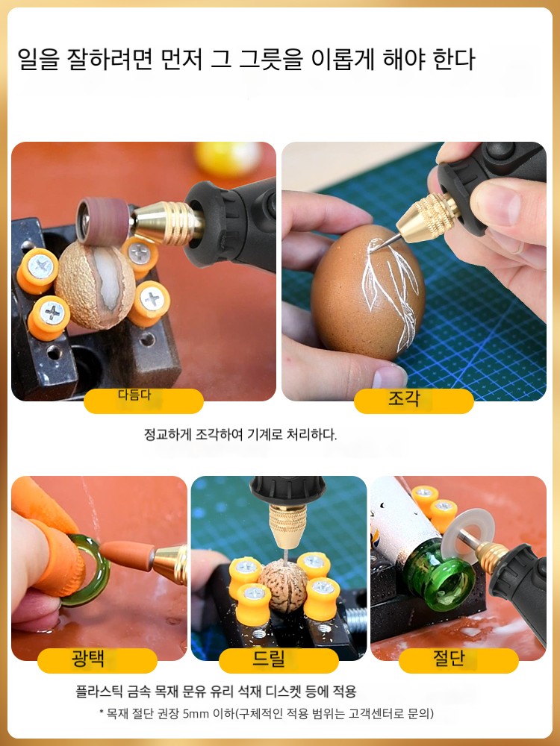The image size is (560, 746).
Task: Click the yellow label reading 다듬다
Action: click(x=143, y=401)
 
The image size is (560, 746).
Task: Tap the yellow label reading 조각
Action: click(x=414, y=401)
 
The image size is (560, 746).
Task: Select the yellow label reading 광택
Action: click(x=97, y=660)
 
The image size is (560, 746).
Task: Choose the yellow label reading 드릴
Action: click(x=279, y=660)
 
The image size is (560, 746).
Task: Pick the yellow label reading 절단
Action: click(x=458, y=660)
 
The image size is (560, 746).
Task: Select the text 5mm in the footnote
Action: click(x=196, y=714)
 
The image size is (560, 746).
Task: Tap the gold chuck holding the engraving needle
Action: click(x=426, y=217)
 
